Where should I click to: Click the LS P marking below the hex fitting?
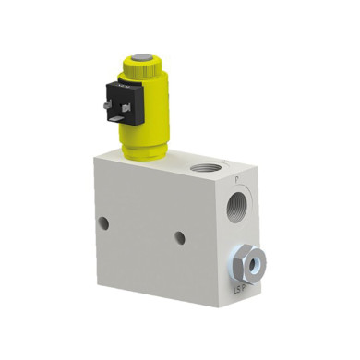[239, 289]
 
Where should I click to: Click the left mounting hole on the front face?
[103, 222]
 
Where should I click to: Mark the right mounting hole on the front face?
[179, 237]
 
